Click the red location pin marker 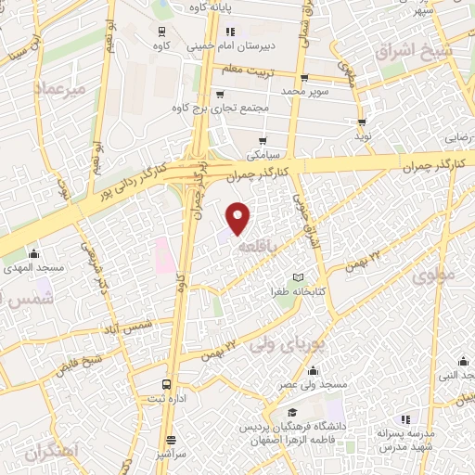pos(239,217)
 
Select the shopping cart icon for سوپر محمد pos(302,77)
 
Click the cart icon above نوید pos(362,122)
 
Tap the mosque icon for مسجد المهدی pos(35,253)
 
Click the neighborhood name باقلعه pos(255,249)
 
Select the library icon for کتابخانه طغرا pos(298,276)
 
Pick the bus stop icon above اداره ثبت pos(166,382)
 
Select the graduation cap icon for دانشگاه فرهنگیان pos(293,412)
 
